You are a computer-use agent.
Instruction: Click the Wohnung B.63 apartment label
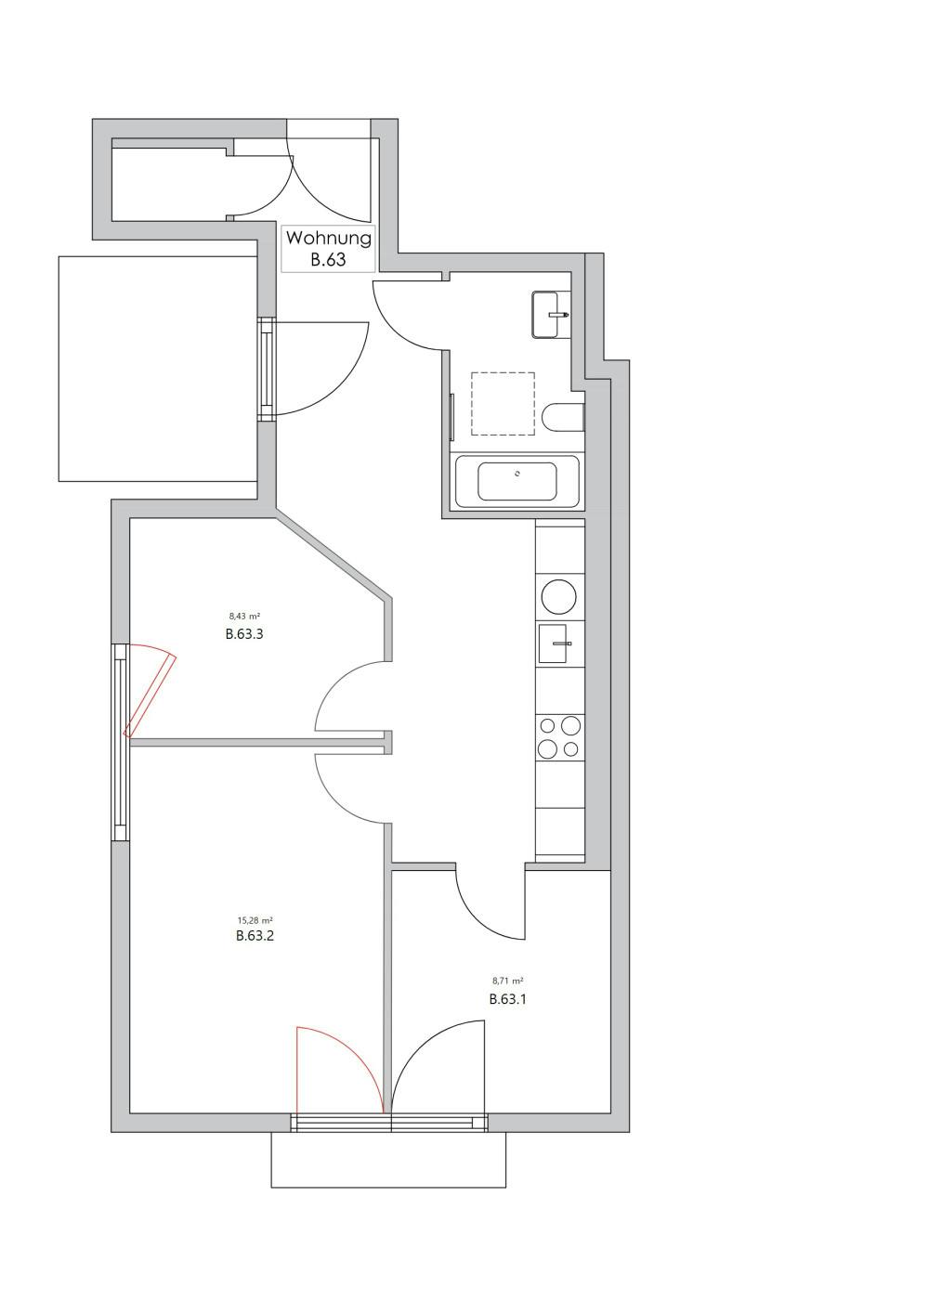point(328,248)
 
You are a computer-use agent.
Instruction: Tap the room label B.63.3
point(244,635)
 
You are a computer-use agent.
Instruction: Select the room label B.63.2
point(255,936)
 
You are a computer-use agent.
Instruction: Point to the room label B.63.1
point(508,1000)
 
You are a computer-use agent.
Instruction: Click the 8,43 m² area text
point(244,616)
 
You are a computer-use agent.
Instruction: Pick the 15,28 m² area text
point(255,921)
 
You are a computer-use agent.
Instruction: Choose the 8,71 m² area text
point(508,981)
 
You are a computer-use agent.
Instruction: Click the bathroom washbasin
point(550,315)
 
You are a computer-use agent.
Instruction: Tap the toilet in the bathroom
point(564,418)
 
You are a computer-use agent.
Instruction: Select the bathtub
point(517,481)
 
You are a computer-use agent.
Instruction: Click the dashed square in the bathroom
point(503,403)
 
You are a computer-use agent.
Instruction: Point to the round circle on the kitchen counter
point(559,596)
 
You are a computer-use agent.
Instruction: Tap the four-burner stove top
point(559,737)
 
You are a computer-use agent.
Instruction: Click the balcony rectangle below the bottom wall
point(388,1160)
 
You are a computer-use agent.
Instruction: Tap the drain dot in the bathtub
point(517,474)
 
